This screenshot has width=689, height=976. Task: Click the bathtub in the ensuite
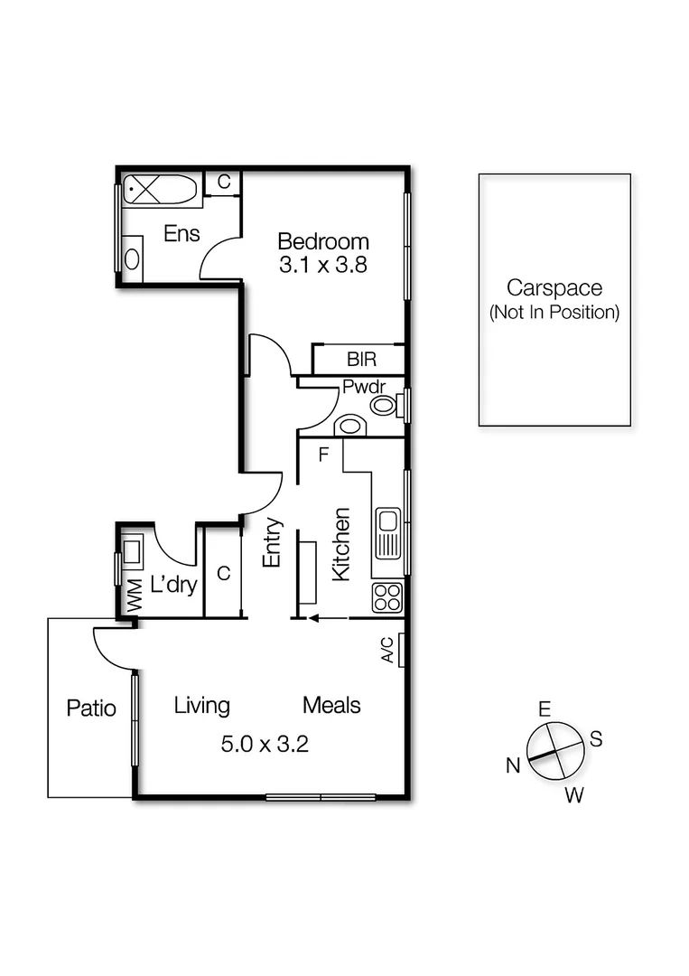(160, 191)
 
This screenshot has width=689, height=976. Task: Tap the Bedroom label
(323, 242)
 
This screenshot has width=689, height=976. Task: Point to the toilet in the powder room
(385, 405)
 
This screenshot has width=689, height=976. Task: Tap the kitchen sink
(388, 531)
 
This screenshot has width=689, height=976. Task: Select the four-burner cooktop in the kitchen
(388, 596)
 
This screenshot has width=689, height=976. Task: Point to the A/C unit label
(386, 649)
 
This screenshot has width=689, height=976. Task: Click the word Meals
(331, 705)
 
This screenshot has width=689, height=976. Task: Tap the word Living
(201, 705)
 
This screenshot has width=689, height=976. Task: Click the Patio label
(91, 708)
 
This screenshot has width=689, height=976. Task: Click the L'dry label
(173, 585)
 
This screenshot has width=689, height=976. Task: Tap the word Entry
(273, 542)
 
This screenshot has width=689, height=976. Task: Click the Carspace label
(554, 288)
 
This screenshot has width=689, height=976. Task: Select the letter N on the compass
(513, 766)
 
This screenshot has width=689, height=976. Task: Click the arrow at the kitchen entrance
(329, 619)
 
